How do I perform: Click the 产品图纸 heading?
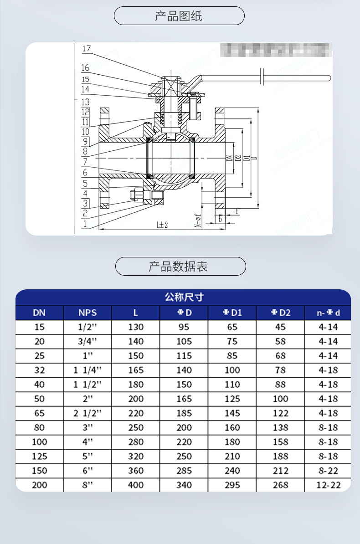pos(179,16)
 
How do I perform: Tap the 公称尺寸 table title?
pos(183,298)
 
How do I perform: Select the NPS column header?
pos(87,313)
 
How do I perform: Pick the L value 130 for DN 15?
pos(136,327)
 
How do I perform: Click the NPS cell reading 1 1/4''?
pos(87,370)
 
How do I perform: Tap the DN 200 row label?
pos(40,485)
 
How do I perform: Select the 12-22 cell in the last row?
pos(328,485)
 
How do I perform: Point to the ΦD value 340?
pos(184,485)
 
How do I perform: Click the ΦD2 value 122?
pos(280,413)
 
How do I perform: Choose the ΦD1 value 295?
pos(232,485)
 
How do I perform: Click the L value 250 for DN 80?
pos(136,428)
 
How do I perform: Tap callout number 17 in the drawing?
pos(86,49)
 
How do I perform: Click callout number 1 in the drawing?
pos(84,224)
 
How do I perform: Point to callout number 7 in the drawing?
pos(85,162)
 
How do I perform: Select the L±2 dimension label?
pos(162,225)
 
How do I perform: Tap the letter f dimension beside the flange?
pos(237,210)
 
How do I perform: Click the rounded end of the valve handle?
pos(328,78)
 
